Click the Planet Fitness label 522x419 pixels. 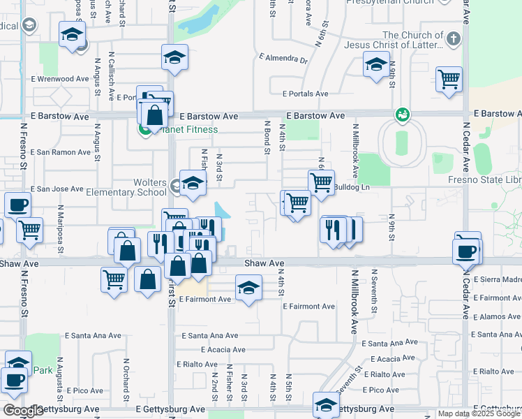(188, 129)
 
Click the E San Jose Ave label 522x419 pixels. (57, 189)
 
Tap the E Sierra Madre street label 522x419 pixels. (497, 279)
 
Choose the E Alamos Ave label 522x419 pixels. (496, 316)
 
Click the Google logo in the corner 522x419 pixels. (23, 411)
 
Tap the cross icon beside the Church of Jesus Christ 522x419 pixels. (454, 39)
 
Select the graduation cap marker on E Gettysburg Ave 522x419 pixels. (326, 403)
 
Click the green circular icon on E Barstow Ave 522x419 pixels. (402, 113)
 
